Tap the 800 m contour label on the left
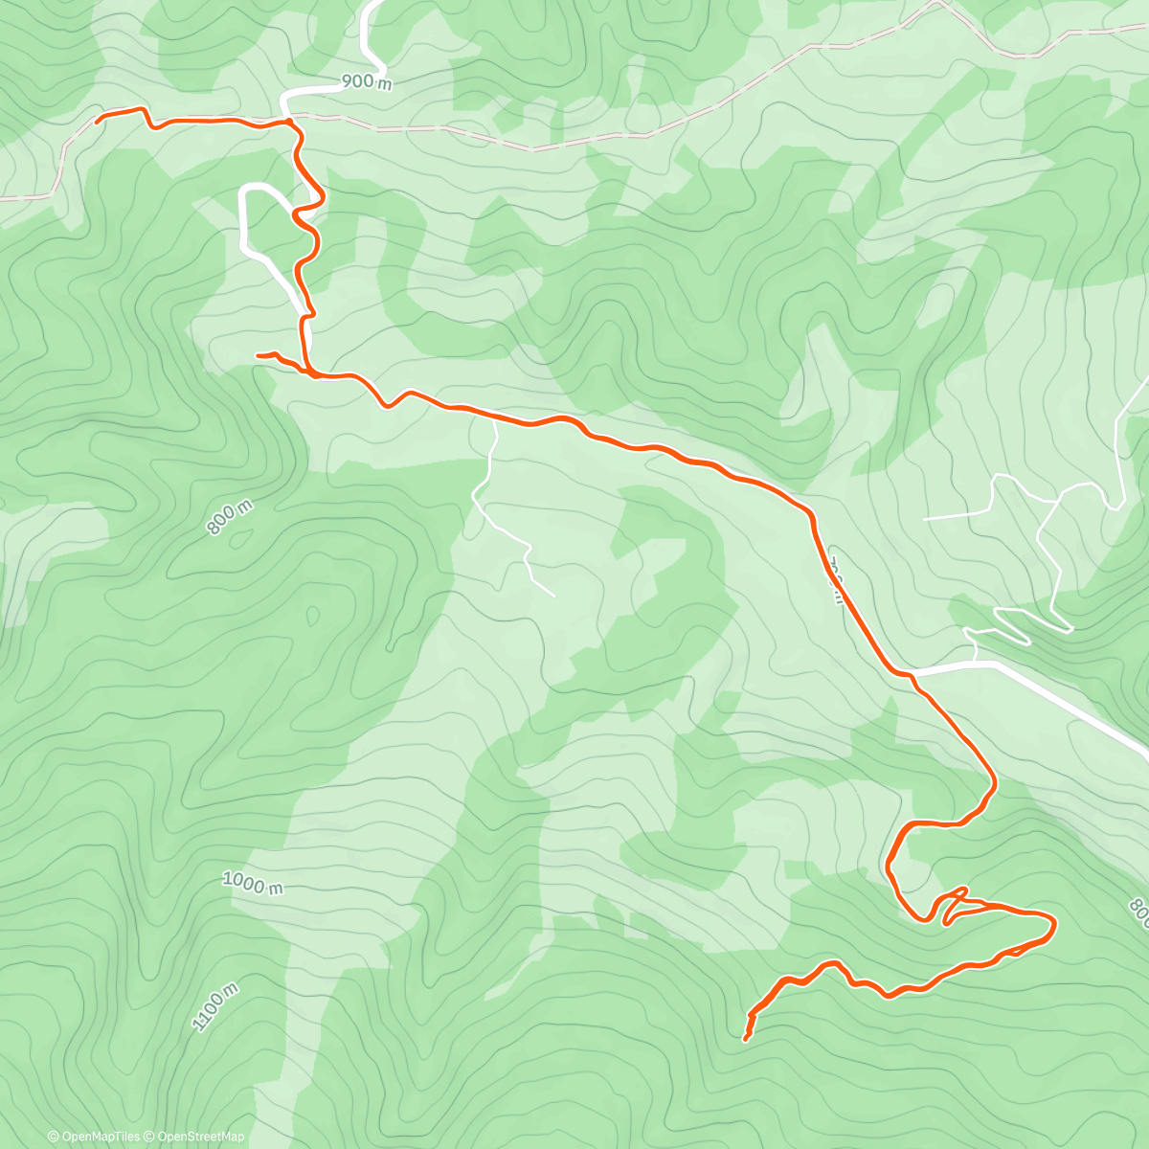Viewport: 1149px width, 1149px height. (x=229, y=519)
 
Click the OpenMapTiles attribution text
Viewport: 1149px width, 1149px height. (x=94, y=1137)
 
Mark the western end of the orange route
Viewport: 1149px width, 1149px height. (x=98, y=121)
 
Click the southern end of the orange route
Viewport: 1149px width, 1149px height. (x=746, y=1038)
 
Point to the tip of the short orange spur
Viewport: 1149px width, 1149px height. (x=259, y=355)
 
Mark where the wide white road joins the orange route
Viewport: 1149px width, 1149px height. (x=915, y=676)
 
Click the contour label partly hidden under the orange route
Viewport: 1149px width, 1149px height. (x=835, y=580)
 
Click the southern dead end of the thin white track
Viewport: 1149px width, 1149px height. (x=553, y=596)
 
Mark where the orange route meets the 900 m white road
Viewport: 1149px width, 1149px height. (x=287, y=121)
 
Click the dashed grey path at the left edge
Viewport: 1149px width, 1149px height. (x=29, y=196)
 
